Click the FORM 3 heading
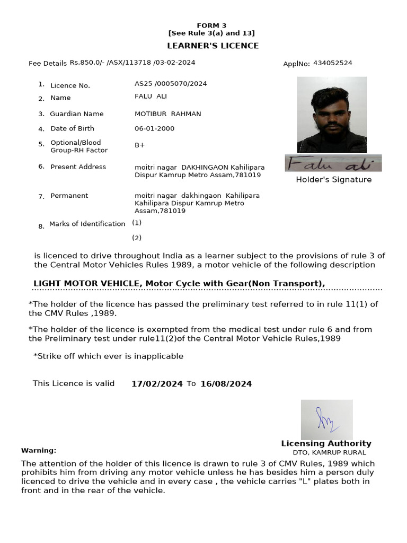(211, 25)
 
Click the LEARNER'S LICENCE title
(213, 46)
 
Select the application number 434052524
(332, 63)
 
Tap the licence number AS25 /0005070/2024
(171, 84)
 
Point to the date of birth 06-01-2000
(154, 128)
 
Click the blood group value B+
(140, 144)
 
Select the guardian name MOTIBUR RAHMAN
(168, 114)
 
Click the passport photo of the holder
(332, 115)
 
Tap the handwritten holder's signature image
(333, 163)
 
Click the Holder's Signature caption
(333, 180)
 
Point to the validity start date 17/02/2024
(157, 384)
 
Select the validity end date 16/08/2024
(226, 384)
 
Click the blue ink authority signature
(326, 419)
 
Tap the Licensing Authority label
(326, 443)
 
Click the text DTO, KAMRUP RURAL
(329, 453)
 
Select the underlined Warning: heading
(39, 450)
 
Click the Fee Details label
(48, 64)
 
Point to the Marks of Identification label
(87, 224)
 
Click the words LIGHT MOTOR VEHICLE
(86, 284)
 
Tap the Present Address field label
(78, 167)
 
